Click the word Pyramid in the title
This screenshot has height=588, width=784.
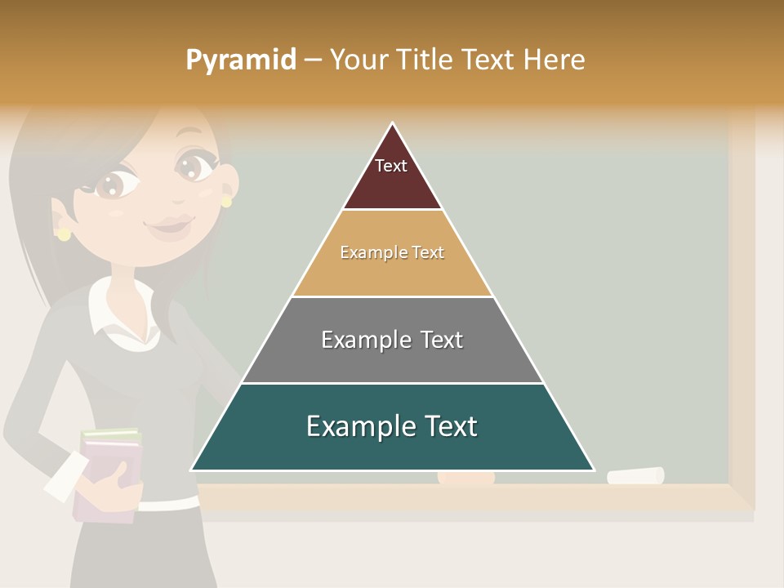(240, 60)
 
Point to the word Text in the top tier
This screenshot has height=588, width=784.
(391, 166)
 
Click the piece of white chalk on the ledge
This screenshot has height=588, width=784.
(635, 475)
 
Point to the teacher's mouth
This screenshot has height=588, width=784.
(169, 225)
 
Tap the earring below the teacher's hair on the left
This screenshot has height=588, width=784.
(64, 234)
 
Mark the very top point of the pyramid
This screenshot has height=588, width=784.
(393, 123)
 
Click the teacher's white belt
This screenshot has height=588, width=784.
(167, 504)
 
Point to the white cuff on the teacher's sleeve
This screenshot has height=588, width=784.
(66, 477)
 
